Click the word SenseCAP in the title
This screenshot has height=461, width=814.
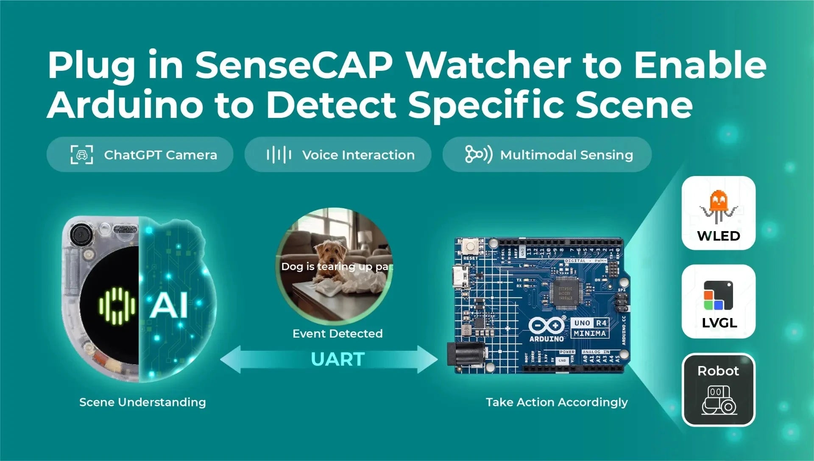[x=293, y=65]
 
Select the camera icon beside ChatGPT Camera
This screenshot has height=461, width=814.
[x=81, y=154]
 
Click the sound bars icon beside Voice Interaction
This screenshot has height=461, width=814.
[x=279, y=155]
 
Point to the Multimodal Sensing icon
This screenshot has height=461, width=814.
[x=478, y=154]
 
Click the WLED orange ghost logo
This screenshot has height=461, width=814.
[x=718, y=206]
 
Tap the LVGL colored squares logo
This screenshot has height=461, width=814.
[x=718, y=295]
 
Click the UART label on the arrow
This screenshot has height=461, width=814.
[x=337, y=360]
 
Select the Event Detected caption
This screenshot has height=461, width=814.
[x=337, y=334]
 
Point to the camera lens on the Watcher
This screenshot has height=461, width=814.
[x=80, y=235]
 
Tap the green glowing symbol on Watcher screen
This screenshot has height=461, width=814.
[x=117, y=306]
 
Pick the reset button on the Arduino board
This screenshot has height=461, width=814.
[x=470, y=246]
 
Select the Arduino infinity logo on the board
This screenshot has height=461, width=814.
[x=546, y=326]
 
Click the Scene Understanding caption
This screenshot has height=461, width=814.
[x=142, y=402]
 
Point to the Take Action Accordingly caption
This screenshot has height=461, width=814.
[x=557, y=402]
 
